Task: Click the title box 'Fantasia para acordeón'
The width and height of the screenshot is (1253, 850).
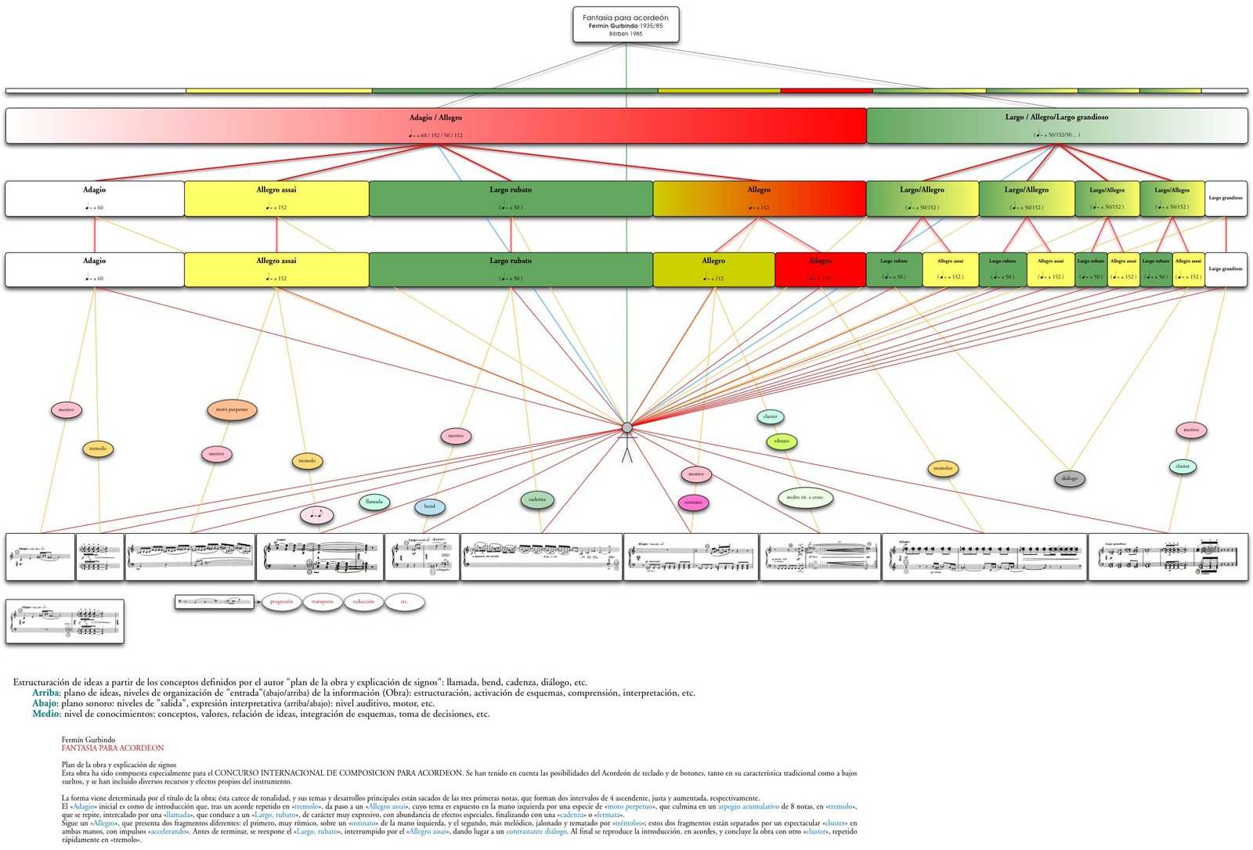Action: (x=625, y=24)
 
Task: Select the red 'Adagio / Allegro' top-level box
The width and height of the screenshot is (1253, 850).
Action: (x=435, y=125)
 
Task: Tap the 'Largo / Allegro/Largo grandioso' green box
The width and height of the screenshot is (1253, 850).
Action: (x=1056, y=125)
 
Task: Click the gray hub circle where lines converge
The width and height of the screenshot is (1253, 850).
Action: (x=626, y=427)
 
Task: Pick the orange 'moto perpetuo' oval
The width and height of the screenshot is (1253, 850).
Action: (x=232, y=409)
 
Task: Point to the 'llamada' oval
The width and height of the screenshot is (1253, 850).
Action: (x=374, y=502)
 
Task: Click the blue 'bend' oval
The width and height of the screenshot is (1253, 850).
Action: (x=429, y=506)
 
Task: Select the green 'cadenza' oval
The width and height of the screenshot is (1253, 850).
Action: (x=537, y=499)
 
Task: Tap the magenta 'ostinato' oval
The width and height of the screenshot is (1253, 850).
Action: (x=693, y=502)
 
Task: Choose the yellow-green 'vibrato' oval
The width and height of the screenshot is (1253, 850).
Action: (x=782, y=441)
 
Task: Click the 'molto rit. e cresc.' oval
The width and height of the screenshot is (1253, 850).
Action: (x=805, y=497)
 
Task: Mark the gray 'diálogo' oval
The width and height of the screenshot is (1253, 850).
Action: (x=1070, y=478)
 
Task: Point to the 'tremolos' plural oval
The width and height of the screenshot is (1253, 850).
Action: (x=943, y=469)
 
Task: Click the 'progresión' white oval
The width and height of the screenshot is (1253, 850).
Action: (x=281, y=602)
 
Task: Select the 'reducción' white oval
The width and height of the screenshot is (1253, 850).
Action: (x=363, y=602)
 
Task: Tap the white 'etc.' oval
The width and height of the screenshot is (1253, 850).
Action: (x=404, y=602)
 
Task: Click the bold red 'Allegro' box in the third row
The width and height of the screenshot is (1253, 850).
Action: (x=820, y=269)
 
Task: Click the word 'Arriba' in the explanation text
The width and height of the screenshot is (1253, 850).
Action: (x=45, y=693)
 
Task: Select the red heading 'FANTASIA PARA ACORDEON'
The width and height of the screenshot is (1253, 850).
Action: (x=113, y=748)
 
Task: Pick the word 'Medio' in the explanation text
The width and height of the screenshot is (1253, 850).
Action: (x=45, y=714)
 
